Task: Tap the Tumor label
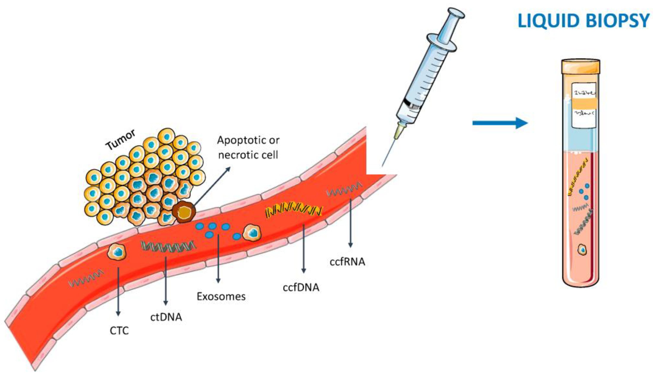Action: click(120, 140)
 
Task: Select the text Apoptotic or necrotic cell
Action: click(248, 148)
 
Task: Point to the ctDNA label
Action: click(166, 317)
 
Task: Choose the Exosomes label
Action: click(221, 296)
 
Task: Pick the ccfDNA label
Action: click(301, 288)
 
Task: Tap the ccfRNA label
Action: click(347, 262)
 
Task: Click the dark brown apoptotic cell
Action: click(184, 212)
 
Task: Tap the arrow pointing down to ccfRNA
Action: click(350, 223)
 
